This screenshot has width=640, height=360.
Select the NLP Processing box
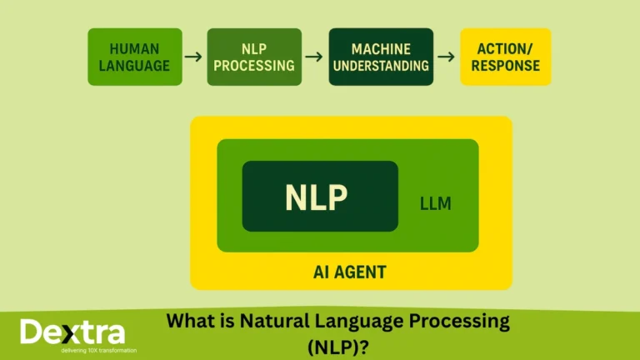click(x=254, y=57)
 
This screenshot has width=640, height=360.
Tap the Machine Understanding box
click(x=381, y=57)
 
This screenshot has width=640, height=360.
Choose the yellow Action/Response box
click(x=505, y=57)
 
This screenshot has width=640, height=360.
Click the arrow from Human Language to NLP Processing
click(x=193, y=57)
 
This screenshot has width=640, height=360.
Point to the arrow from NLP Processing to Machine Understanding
click(x=314, y=57)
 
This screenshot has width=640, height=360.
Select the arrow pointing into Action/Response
click(x=446, y=57)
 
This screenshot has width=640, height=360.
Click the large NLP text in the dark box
click(x=316, y=197)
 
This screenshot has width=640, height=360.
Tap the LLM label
click(x=435, y=203)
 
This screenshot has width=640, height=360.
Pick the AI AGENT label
click(x=351, y=272)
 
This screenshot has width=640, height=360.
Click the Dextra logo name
click(x=72, y=332)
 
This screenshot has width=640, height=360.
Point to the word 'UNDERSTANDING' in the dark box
click(x=381, y=66)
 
